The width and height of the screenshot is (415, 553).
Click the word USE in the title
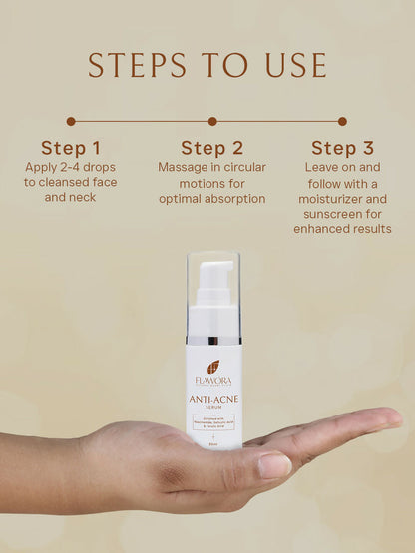(x=290, y=65)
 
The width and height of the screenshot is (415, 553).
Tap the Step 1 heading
(x=70, y=148)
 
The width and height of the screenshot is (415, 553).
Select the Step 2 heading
(x=211, y=148)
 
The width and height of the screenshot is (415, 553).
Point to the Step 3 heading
(x=342, y=148)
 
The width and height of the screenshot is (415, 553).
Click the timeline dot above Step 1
(x=71, y=121)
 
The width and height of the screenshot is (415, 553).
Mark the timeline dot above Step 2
(x=211, y=121)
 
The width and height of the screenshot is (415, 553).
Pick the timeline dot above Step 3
(x=342, y=121)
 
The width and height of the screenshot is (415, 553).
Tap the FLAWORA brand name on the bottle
(x=213, y=380)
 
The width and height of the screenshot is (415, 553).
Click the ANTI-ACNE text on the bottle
(x=213, y=400)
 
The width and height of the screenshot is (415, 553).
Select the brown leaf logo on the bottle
(x=213, y=366)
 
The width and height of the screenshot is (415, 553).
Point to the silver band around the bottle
(x=213, y=341)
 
